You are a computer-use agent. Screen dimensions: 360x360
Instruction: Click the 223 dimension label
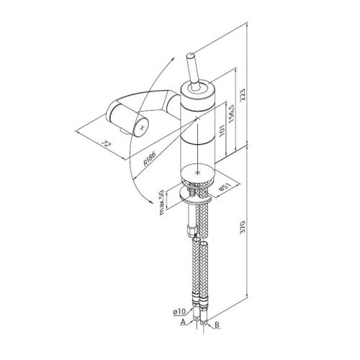pyautogui.click(x=243, y=95)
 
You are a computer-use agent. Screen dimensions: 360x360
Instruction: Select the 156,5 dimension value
pyautogui.click(x=232, y=114)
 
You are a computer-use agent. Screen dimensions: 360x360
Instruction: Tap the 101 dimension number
pyautogui.click(x=222, y=130)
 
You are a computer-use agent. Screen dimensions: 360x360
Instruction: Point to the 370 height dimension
pyautogui.click(x=243, y=227)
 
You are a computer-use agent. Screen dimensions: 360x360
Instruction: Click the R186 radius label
pyautogui.click(x=150, y=158)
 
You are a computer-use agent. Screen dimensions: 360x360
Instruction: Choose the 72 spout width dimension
pyautogui.click(x=106, y=144)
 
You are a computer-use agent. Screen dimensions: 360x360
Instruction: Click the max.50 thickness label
pyautogui.click(x=161, y=202)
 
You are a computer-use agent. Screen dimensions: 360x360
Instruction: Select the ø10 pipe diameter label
pyautogui.click(x=179, y=312)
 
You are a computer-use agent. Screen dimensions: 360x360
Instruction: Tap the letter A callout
pyautogui.click(x=183, y=322)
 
